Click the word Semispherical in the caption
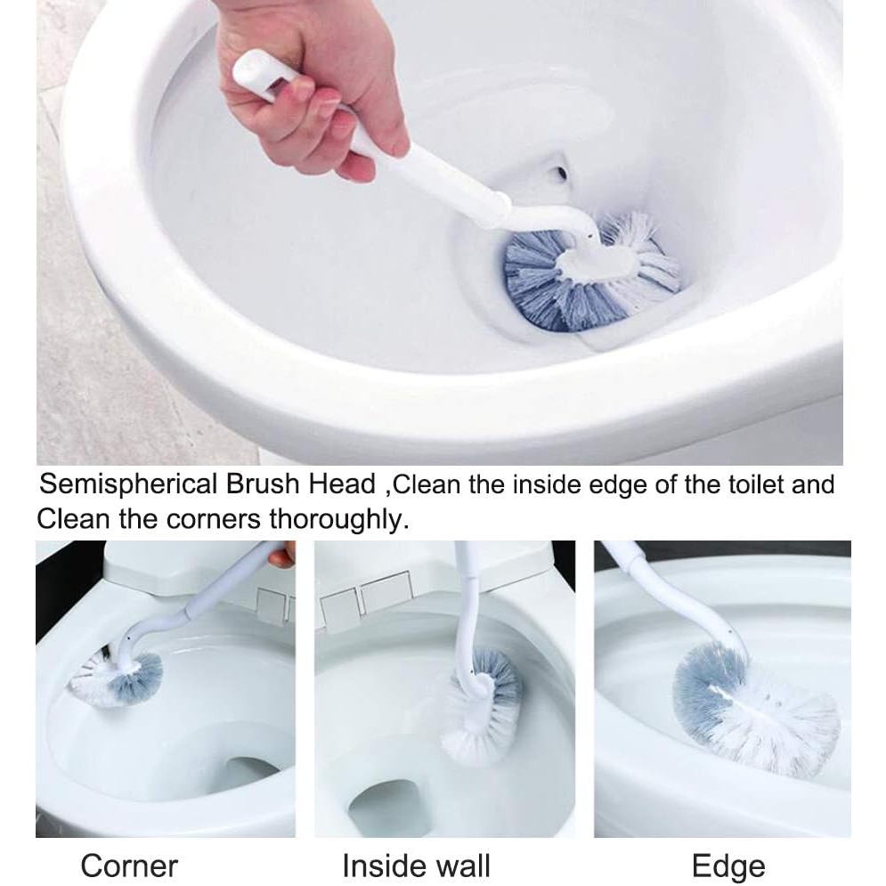coord(128,485)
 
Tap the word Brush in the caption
coord(263,484)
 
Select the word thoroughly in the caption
coord(337,519)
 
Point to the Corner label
coord(129,866)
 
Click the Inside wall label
coord(416,866)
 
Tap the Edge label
coord(728,866)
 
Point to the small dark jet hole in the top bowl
coord(560,172)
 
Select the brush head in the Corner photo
coord(116,678)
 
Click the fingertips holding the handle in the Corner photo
coord(281,555)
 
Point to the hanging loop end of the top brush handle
coord(256,70)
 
